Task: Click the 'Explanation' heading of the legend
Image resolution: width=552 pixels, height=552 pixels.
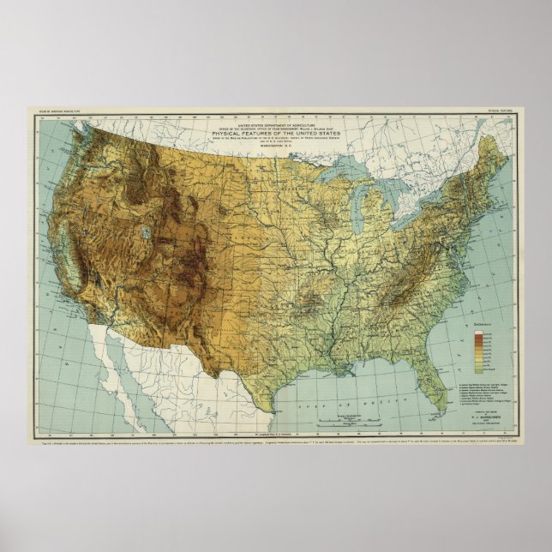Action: [x=483, y=325]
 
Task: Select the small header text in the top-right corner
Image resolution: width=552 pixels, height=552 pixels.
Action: [x=513, y=111]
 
